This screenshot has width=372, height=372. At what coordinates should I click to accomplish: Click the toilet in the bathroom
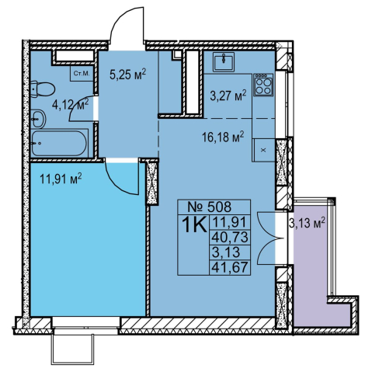(43, 89)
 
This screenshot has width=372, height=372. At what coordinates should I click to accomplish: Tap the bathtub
(59, 143)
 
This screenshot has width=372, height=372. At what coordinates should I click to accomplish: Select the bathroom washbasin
(38, 119)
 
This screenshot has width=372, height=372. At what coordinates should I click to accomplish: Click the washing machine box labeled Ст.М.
(82, 73)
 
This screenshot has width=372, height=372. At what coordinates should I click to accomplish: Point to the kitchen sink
(224, 62)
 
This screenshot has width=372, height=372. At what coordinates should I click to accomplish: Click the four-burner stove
(263, 85)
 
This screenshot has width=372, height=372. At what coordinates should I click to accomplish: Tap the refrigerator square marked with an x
(263, 150)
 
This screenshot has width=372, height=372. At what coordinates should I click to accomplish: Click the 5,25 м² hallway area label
(128, 75)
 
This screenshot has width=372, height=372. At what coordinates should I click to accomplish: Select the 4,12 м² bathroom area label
(71, 104)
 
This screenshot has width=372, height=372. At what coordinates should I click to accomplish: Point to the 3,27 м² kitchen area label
(228, 98)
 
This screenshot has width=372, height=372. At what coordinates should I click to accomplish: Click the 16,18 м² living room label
(223, 136)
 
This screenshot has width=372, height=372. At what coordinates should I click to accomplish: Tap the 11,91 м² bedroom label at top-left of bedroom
(61, 179)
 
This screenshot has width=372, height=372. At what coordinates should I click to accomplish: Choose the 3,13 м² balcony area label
(307, 223)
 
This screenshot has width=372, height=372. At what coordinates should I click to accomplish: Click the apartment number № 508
(209, 207)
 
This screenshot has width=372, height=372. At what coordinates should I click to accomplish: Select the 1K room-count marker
(194, 224)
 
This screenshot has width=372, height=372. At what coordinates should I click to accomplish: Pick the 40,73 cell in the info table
(230, 237)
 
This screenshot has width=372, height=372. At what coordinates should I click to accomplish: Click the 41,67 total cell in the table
(230, 267)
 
